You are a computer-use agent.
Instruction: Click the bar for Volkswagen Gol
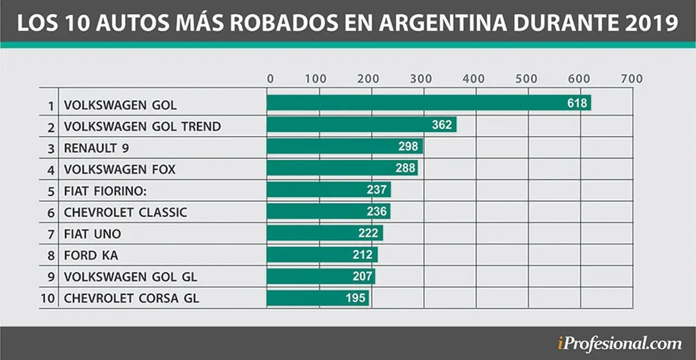(x=429, y=103)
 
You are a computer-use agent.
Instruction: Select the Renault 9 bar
(x=345, y=146)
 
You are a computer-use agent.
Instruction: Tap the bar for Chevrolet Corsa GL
(x=318, y=298)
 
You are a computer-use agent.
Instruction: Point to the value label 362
(x=442, y=125)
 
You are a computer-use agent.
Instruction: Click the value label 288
(x=405, y=168)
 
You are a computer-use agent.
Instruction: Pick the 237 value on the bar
(x=377, y=189)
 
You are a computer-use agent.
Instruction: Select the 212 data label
(x=363, y=255)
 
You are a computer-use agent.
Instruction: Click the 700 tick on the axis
(x=632, y=79)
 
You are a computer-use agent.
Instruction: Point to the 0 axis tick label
(x=270, y=79)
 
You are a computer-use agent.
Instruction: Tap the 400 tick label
(x=474, y=79)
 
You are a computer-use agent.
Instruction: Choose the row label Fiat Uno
(x=92, y=234)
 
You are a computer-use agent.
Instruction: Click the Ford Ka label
(x=91, y=255)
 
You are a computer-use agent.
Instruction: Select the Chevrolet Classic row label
(x=126, y=212)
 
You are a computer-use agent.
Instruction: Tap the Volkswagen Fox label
(x=120, y=170)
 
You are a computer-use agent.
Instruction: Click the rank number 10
(x=48, y=299)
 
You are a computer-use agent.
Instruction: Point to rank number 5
(x=51, y=191)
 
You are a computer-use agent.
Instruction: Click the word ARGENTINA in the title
(x=443, y=23)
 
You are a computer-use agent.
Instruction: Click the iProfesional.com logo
(x=619, y=344)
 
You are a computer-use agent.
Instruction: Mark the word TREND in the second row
(x=201, y=127)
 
